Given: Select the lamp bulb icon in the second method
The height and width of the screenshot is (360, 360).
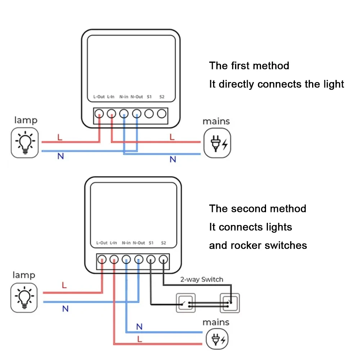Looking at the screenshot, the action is pos(24,297).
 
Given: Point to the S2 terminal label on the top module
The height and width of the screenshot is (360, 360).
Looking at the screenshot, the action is pos(162,96).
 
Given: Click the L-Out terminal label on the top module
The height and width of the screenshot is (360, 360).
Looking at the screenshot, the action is pos(99,96).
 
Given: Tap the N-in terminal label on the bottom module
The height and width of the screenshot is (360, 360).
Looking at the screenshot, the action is pos(126,243).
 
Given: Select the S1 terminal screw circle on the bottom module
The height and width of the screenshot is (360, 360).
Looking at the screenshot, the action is pos(151,258).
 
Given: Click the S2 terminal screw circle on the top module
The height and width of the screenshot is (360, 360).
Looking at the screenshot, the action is pos(162,114).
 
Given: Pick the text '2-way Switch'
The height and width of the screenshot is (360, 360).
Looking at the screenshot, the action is pos(202,279).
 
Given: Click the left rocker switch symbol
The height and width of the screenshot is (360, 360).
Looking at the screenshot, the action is pos(185,303).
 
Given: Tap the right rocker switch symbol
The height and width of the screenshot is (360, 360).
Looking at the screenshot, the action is pos(230,303).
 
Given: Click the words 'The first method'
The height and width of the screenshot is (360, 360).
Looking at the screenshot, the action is pos(249,66).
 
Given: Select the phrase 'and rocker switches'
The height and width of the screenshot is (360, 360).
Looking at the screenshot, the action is pos(258,246).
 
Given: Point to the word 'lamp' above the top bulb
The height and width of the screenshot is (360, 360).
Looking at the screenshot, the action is pos(26,120).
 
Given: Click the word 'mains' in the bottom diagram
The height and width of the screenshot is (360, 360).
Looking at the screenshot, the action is pos(216,322).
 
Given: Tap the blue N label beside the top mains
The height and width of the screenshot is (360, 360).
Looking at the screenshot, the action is pos(173,159).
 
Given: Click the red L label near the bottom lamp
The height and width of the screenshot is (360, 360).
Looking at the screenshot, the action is pos(64,285).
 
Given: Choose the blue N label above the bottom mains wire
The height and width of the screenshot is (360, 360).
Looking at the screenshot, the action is pos(140,327).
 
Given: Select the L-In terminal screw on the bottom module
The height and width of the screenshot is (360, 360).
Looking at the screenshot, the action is pos(114,258).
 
